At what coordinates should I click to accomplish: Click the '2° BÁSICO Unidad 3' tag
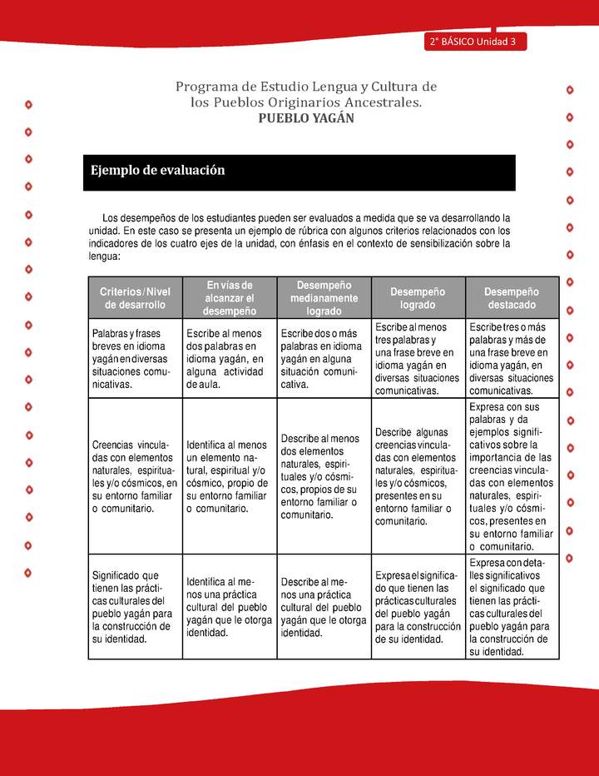coord(473,42)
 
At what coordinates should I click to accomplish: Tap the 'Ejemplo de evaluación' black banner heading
coord(158,171)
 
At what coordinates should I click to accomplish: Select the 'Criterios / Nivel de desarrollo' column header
coord(135,298)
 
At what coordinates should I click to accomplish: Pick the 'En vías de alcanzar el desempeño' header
coord(229,298)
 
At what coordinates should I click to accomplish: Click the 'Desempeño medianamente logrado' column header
coord(324,298)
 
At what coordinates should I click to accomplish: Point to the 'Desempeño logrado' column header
coord(418,298)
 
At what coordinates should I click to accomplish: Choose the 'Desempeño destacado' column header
coord(511,298)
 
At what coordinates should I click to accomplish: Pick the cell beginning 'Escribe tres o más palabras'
coord(511,358)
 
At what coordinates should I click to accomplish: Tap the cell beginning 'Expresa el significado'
coord(418,607)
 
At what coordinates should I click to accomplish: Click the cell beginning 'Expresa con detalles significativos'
coord(511,607)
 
